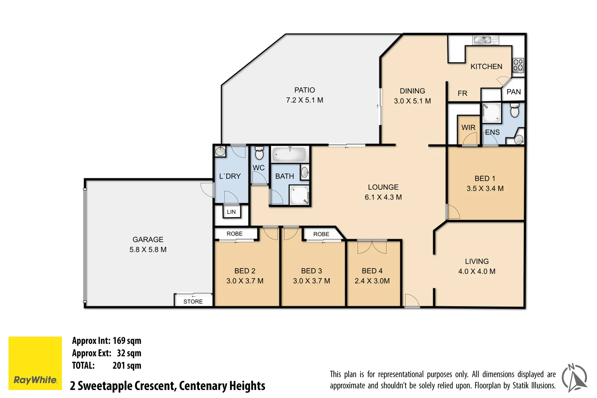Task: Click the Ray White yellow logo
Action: (x=35, y=363)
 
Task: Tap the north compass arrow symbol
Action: (x=574, y=378)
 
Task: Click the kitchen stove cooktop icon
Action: (x=518, y=65)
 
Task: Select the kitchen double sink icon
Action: (x=485, y=39)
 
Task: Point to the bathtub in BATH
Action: (x=290, y=154)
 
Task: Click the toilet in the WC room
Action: (x=259, y=153)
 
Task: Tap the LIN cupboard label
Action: (x=231, y=212)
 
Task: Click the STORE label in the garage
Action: (x=193, y=301)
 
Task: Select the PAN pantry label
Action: (x=513, y=92)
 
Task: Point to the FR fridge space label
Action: (x=462, y=93)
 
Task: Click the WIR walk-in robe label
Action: (x=468, y=128)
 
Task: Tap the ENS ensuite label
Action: (x=492, y=132)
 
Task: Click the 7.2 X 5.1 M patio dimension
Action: (x=304, y=100)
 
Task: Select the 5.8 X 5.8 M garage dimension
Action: (x=148, y=249)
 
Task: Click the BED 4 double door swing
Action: (x=372, y=247)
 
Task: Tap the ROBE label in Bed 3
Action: (x=321, y=234)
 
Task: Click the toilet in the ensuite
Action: (x=514, y=110)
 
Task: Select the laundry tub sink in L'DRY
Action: (x=220, y=151)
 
